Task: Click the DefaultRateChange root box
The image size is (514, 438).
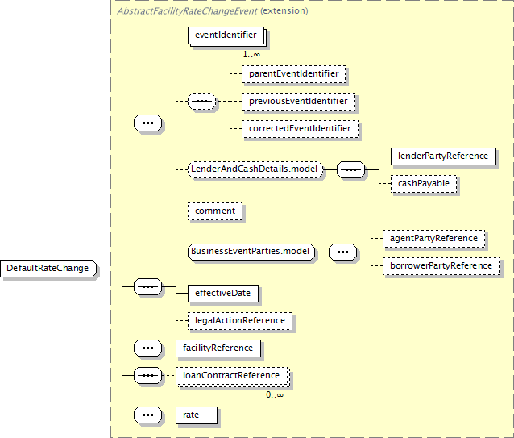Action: coord(48,269)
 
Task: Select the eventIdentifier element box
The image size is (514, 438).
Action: coord(226,35)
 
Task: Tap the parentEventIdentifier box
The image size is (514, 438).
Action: coord(294,74)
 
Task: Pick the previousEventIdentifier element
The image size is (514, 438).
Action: coord(298,102)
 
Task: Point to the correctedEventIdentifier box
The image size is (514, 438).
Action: coord(300,129)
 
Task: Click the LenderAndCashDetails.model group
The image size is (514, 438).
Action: coord(255,169)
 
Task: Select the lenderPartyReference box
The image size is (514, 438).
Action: coord(443,156)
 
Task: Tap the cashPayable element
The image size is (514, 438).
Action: coord(424,184)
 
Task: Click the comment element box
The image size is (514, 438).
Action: coord(215,211)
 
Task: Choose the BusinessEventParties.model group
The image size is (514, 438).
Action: coord(251,252)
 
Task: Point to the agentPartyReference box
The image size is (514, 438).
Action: coord(433,239)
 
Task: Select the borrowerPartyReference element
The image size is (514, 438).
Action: coord(441,266)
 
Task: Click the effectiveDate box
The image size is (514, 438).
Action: coord(223,294)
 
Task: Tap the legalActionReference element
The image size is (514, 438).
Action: coord(240,321)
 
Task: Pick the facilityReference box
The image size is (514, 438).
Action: coord(218,348)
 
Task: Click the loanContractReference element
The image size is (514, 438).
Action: coord(231,376)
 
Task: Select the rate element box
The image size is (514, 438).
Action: coord(197,415)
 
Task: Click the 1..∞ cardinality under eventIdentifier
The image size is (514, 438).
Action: coord(251,55)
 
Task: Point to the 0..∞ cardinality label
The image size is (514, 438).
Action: coord(275,394)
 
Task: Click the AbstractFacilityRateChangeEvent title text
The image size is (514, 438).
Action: coord(187,11)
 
